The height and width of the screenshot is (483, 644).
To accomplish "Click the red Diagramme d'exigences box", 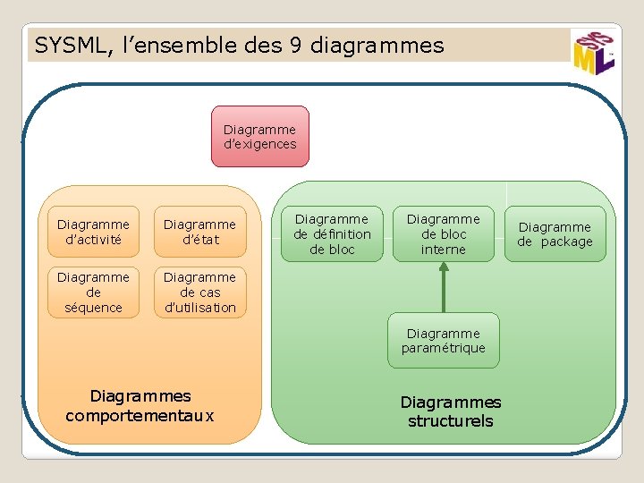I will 259,136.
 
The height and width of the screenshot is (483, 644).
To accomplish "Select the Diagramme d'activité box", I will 93,232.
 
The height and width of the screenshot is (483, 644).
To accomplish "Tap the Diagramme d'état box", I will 199,232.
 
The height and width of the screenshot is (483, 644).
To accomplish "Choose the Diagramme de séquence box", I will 93,292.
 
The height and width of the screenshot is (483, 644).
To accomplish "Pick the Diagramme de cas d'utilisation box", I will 199,292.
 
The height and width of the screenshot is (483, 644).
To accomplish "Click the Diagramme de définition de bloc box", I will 332,233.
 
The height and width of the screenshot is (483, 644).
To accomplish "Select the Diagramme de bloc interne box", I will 443,233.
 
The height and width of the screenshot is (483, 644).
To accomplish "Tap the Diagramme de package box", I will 555,233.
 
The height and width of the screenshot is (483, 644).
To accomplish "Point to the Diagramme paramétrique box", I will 443,340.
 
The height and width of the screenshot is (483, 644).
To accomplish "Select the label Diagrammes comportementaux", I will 140,405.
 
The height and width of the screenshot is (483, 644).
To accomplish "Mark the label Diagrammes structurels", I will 450,411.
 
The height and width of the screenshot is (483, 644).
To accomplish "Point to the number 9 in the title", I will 295,45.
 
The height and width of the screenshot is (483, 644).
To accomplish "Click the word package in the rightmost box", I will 566,241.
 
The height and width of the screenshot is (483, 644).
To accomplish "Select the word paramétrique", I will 443,348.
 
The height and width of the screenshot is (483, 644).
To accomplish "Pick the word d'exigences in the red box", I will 259,144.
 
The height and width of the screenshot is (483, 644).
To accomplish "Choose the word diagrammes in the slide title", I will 377,45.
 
